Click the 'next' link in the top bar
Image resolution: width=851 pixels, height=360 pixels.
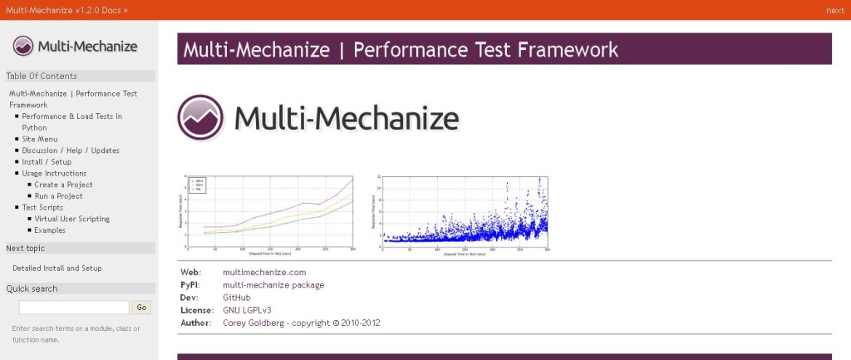[x=834, y=10]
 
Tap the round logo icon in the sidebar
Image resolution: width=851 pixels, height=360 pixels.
[x=23, y=47]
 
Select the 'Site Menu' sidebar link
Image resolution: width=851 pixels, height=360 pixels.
[x=39, y=139]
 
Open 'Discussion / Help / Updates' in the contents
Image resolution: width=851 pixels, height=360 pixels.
[x=71, y=150]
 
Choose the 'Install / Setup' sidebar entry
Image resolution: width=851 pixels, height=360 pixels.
[x=47, y=162]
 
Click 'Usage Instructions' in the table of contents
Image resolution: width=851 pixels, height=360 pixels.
[x=54, y=173]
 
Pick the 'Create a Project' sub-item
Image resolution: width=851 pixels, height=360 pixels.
[x=63, y=185]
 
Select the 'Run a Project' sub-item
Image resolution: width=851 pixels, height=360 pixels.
[x=58, y=196]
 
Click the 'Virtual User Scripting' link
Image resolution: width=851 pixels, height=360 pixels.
[x=71, y=219]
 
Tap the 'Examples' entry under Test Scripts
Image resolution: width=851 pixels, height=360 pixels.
[x=50, y=230]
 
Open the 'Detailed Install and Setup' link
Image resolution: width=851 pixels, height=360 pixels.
[x=57, y=269]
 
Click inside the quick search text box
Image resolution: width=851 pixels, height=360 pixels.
[x=74, y=308]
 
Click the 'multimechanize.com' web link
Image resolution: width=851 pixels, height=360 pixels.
[x=264, y=272]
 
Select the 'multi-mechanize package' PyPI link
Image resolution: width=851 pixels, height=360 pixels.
[x=273, y=284]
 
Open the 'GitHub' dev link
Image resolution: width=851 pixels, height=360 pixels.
[x=236, y=297]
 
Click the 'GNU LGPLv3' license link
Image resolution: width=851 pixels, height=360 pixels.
[x=247, y=309]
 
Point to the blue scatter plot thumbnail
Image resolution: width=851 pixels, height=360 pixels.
[x=462, y=214]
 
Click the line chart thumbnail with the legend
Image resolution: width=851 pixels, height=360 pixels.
[x=267, y=214]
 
